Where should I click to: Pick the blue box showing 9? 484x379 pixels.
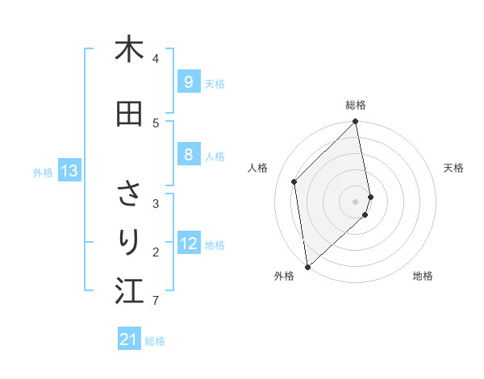[188, 82]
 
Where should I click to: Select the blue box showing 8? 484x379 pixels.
[188, 156]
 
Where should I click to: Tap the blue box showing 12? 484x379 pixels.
[189, 244]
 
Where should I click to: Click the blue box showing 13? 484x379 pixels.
[69, 171]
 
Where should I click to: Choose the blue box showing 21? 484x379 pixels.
[129, 339]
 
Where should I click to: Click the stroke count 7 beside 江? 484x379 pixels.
[155, 301]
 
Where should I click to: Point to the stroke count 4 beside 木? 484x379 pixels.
[156, 59]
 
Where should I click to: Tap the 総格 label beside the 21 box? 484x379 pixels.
[155, 341]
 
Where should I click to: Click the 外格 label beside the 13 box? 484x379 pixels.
[43, 172]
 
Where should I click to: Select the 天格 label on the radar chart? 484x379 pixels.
[453, 168]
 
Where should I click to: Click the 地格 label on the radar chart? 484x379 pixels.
[423, 276]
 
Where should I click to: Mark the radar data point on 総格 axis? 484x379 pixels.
[356, 123]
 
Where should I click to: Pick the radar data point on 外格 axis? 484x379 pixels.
[307, 266]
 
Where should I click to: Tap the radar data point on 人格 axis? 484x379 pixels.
[294, 181]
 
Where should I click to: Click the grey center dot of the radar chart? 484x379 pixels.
[356, 201]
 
